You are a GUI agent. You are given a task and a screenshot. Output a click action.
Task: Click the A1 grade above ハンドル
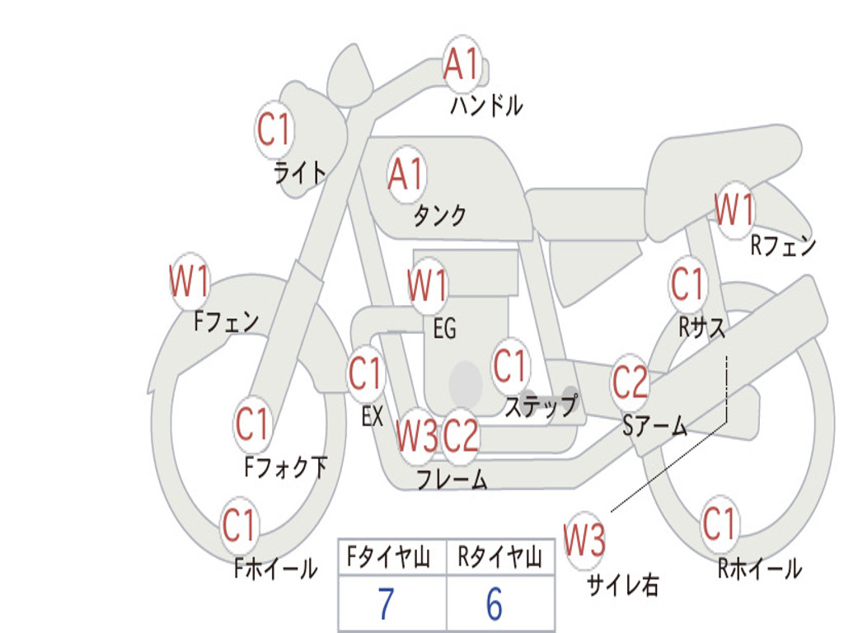[x=461, y=64]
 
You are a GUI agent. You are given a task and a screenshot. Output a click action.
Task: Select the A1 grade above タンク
[x=406, y=174]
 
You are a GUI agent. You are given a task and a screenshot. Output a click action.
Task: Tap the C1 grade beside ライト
[x=274, y=130]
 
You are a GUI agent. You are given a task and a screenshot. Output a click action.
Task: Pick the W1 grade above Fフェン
[x=189, y=282]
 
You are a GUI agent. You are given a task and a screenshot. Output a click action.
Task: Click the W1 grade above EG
[x=428, y=286]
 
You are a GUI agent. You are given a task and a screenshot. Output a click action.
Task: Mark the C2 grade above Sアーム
[x=631, y=382]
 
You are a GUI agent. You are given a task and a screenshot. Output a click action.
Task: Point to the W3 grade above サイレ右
[x=584, y=541]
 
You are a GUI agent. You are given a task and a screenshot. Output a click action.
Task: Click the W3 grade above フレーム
[x=416, y=435]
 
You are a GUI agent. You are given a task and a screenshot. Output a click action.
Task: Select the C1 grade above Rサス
[x=687, y=284]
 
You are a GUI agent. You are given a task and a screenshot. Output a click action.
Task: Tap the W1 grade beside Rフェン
[x=734, y=209]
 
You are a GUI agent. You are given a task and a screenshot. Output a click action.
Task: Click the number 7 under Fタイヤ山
[x=386, y=604]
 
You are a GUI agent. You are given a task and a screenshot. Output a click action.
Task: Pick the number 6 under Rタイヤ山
[x=494, y=604]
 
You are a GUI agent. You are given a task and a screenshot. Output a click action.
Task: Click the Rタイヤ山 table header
[x=499, y=559]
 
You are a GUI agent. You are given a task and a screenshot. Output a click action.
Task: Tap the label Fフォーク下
[x=285, y=467]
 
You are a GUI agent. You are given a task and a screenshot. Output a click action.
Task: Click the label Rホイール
[x=758, y=568]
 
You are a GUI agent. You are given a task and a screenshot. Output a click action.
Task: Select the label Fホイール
[x=275, y=568]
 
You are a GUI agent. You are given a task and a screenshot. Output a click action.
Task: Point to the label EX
[x=373, y=416]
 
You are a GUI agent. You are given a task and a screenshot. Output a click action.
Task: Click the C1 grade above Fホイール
[x=239, y=525]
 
